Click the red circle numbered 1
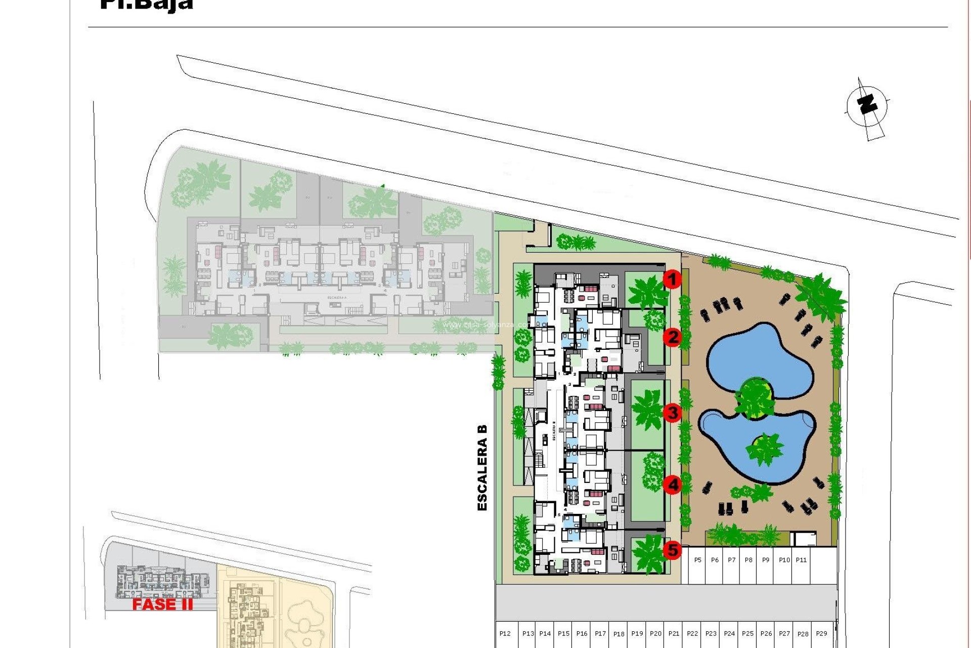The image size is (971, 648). (x=672, y=279)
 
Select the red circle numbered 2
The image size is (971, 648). (x=672, y=337)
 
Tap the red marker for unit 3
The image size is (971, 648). (x=672, y=413)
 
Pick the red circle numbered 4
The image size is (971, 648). (x=672, y=485)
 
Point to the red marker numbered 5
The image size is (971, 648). (x=672, y=550)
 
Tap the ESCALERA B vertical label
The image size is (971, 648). (x=482, y=467)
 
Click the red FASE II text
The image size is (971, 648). (x=162, y=604)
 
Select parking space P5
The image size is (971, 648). (x=698, y=560)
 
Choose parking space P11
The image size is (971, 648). (x=801, y=560)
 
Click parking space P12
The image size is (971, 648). (x=505, y=634)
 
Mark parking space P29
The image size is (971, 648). (x=821, y=634)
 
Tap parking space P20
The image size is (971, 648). (x=655, y=634)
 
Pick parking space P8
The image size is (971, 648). (x=749, y=560)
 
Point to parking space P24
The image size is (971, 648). (x=729, y=634)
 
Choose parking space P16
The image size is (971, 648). (x=582, y=634)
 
